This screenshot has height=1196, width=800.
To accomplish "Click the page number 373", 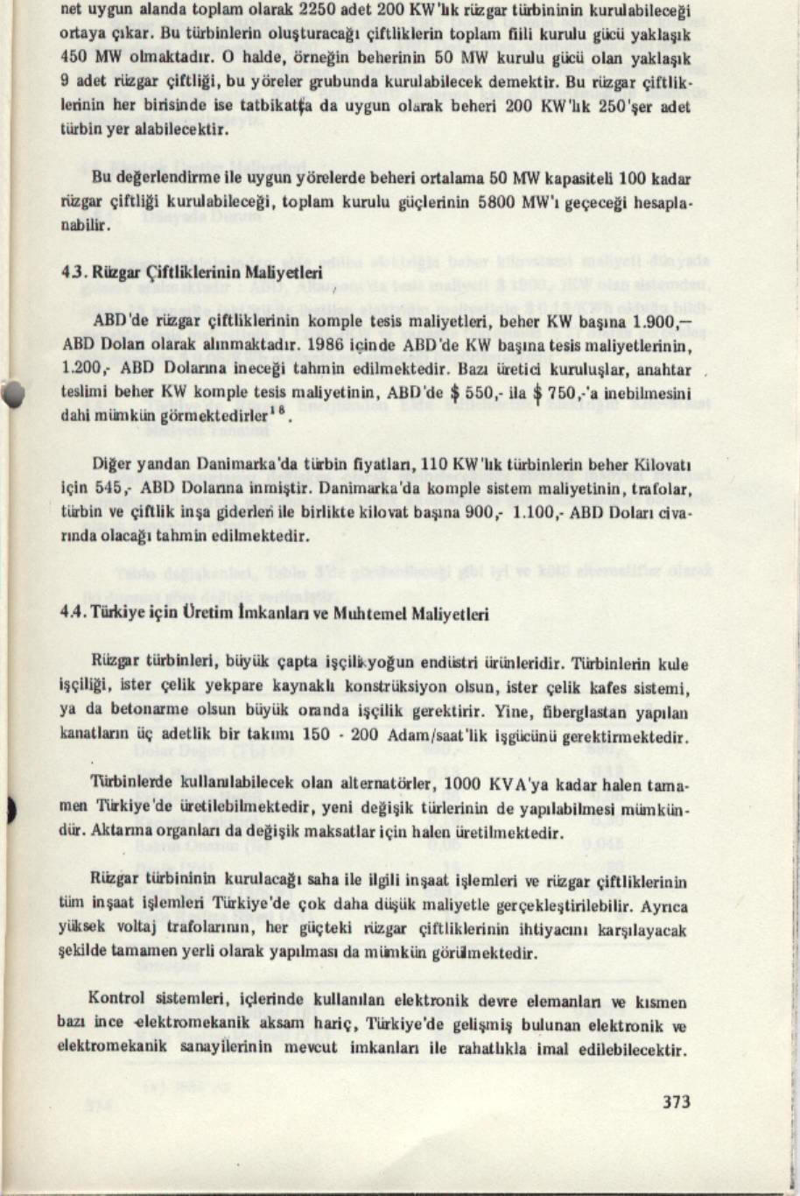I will pos(677,1101).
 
